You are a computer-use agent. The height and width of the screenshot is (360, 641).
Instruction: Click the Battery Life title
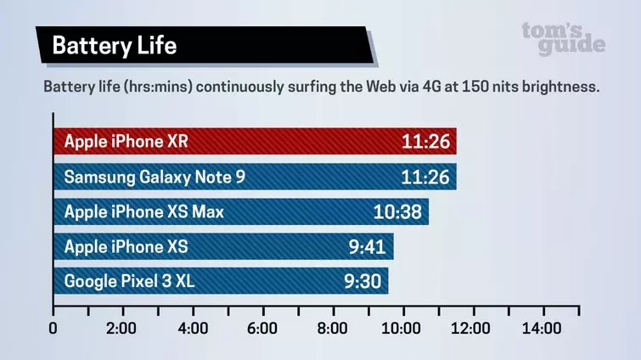[114, 46]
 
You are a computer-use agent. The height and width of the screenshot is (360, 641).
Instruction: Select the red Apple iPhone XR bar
[255, 141]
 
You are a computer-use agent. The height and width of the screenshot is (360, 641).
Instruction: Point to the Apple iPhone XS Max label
[144, 211]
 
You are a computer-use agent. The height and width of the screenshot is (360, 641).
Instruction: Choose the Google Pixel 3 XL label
[130, 281]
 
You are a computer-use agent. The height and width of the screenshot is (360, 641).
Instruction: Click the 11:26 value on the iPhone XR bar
[425, 141]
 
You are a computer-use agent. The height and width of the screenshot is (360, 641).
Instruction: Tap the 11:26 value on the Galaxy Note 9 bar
[425, 177]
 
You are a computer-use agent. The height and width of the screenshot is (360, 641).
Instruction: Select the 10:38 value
[397, 211]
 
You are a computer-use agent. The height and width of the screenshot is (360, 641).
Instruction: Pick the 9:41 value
[367, 246]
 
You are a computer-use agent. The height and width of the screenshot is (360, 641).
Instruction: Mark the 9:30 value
[362, 281]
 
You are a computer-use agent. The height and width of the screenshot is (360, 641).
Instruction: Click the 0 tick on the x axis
[53, 329]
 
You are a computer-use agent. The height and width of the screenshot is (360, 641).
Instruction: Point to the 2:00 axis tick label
[123, 329]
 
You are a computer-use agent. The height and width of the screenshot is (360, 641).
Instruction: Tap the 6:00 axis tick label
[263, 329]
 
